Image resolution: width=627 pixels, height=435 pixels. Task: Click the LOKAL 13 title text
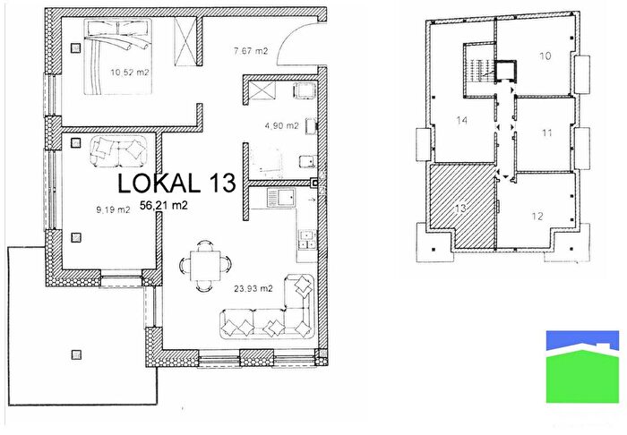tap(176, 183)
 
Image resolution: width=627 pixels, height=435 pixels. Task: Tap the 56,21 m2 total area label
tap(164, 205)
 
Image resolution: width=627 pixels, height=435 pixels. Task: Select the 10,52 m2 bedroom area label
tap(130, 72)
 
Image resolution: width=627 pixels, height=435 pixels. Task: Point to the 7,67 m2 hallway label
tap(251, 51)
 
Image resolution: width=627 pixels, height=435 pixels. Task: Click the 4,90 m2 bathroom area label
tap(281, 126)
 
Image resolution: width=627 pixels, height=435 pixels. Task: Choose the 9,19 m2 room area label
tap(113, 209)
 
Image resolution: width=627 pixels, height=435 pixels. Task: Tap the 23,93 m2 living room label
tap(253, 288)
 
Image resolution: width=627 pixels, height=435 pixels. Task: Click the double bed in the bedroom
tap(118, 56)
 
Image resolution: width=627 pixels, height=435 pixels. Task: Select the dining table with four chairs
tap(205, 266)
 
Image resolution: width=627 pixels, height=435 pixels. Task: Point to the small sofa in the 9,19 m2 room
tap(117, 151)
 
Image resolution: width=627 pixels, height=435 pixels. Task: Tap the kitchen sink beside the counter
tap(281, 199)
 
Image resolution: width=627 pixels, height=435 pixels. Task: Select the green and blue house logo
tap(582, 366)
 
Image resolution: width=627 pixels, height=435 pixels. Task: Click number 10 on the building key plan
tap(545, 55)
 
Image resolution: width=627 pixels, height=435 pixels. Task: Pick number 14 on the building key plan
tap(462, 120)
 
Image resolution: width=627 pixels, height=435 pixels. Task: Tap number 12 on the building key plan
tap(537, 216)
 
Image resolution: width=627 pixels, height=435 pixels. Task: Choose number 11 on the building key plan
tap(547, 132)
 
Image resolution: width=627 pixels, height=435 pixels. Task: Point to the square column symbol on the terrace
tap(76, 354)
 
